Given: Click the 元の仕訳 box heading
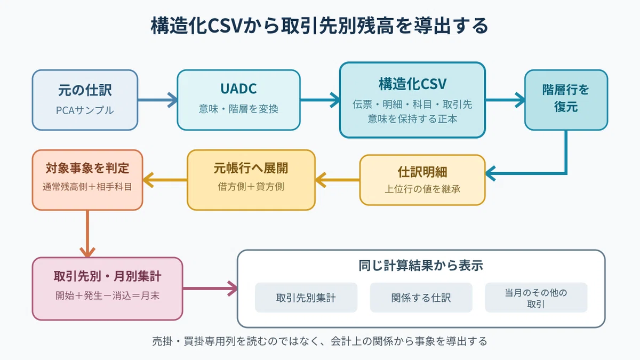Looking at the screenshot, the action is tap(85, 90).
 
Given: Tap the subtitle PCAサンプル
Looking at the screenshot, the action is tap(85, 110).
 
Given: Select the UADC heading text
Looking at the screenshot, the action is tap(238, 89).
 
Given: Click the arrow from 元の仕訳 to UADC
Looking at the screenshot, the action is tap(158, 100).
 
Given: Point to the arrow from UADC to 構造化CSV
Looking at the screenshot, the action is tap(320, 100).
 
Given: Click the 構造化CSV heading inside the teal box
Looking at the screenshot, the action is tap(413, 84).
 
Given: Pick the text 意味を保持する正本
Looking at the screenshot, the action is tap(413, 119).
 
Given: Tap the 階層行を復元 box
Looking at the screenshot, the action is tap(566, 100).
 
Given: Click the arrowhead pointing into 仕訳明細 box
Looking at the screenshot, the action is tap(491, 173).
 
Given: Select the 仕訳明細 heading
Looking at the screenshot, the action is tap(422, 172).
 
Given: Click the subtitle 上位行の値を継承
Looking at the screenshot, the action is tap(422, 189).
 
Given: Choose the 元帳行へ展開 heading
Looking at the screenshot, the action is tap(251, 168).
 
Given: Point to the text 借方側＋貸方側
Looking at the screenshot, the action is tap(251, 187).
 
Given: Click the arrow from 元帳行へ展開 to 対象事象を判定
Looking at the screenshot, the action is tap(165, 180).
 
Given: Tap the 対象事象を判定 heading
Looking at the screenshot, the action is tap(87, 168).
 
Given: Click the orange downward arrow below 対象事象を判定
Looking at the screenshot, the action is tap(87, 234).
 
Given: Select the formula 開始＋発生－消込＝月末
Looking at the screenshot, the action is tap(107, 295).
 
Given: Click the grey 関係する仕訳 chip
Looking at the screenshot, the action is tap(421, 298).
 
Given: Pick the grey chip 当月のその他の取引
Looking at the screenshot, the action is tap(536, 298).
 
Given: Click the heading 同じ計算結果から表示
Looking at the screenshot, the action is tap(421, 266).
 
